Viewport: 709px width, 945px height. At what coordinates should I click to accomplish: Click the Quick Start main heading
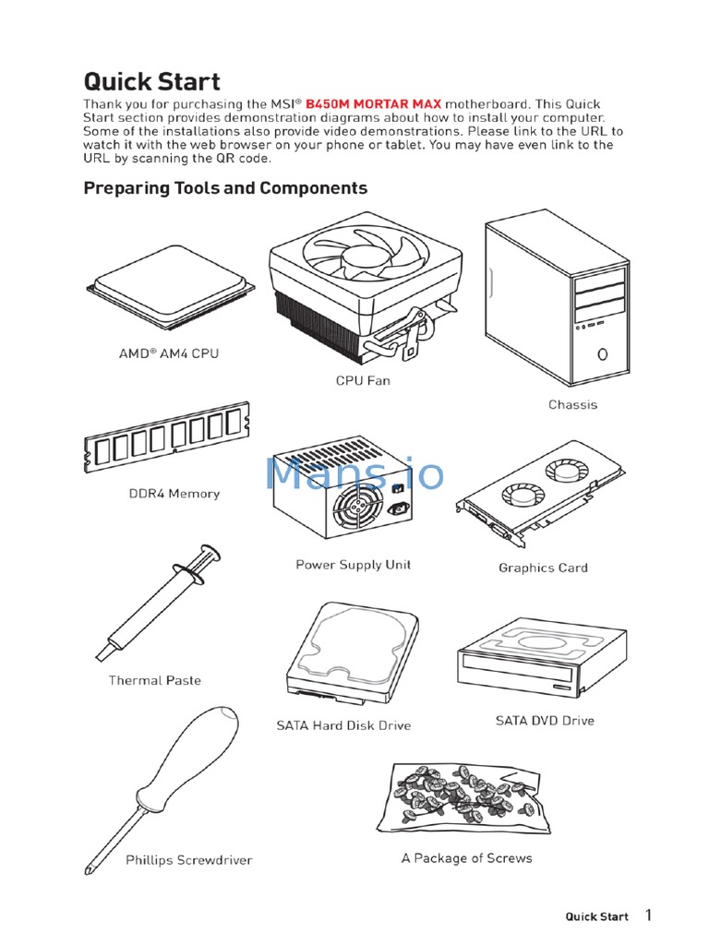pyautogui.click(x=151, y=81)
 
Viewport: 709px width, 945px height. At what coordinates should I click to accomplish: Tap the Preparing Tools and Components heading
pyautogui.click(x=225, y=188)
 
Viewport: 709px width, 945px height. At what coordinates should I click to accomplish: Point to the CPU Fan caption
pyautogui.click(x=363, y=380)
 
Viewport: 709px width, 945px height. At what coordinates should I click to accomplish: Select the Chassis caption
pyautogui.click(x=572, y=404)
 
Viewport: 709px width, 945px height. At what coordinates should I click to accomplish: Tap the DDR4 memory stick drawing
pyautogui.click(x=166, y=436)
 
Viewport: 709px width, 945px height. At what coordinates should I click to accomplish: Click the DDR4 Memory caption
pyautogui.click(x=174, y=494)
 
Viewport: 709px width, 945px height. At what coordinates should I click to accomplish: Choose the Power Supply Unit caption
pyautogui.click(x=353, y=564)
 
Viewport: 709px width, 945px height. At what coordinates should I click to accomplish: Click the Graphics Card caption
pyautogui.click(x=543, y=568)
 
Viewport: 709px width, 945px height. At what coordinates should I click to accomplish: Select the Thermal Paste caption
pyautogui.click(x=154, y=680)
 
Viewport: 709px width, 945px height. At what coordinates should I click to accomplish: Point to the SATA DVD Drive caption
pyautogui.click(x=545, y=721)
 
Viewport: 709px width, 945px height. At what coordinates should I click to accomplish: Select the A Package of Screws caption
pyautogui.click(x=466, y=858)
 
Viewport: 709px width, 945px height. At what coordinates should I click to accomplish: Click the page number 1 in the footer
pyautogui.click(x=648, y=915)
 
